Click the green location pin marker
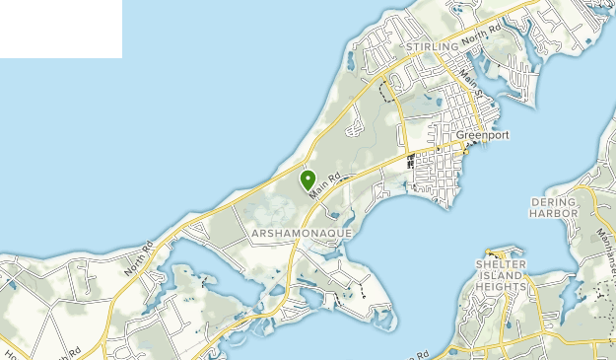(x=308, y=180)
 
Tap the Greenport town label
(x=482, y=136)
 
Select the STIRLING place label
(x=433, y=46)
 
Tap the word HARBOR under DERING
(x=552, y=212)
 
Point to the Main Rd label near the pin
(x=327, y=184)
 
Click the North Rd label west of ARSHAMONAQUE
(x=139, y=258)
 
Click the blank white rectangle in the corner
(x=60, y=29)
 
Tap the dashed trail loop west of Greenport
(x=385, y=92)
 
